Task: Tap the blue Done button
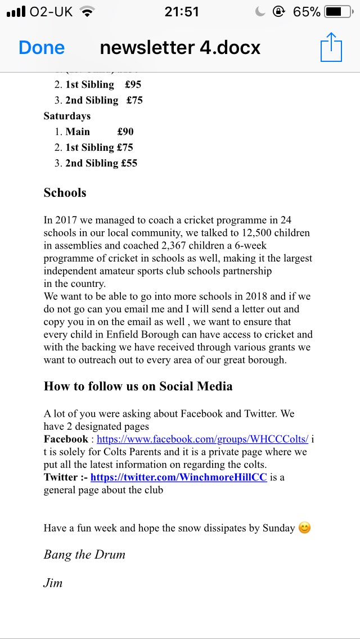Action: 42,48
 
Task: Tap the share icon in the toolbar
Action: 331,48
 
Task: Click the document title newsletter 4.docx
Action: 180,48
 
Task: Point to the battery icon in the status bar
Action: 341,12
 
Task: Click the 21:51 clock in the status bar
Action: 182,12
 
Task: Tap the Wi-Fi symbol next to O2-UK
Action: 87,12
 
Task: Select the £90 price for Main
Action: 125,132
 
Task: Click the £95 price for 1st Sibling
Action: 133,84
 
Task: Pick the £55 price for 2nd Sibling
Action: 129,163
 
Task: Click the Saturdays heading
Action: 67,116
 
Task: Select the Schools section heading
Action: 65,192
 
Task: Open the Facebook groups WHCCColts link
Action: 202,439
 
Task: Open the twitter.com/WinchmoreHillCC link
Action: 178,477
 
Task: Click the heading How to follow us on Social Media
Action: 138,386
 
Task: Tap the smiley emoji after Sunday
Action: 304,528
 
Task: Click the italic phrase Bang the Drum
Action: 84,554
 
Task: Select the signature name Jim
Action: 53,583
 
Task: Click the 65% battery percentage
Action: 307,12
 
